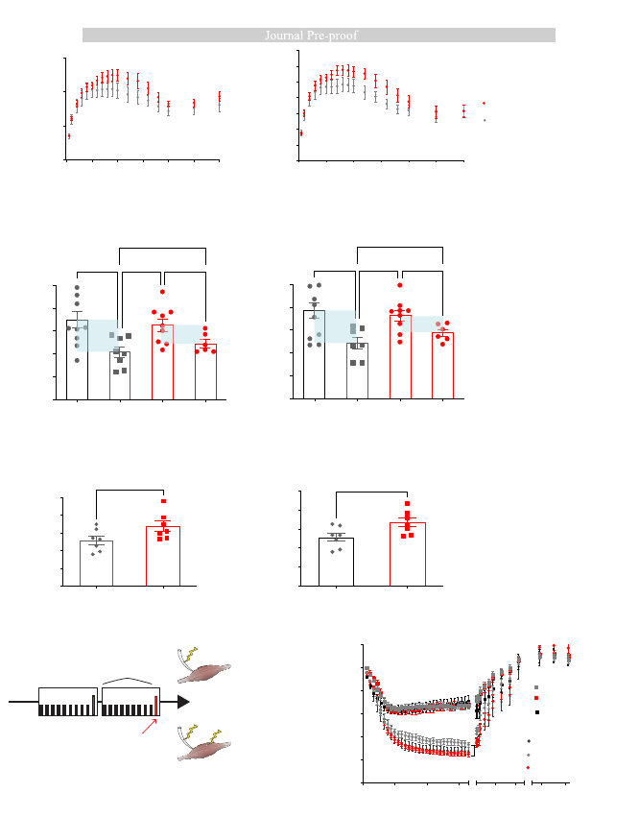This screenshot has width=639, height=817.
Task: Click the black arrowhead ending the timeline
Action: [183, 702]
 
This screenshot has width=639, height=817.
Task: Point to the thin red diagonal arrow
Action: [150, 727]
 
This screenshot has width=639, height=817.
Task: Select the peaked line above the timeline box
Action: [128, 680]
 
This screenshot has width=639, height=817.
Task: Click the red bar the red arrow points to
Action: [155, 706]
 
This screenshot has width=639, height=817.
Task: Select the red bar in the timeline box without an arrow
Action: [94, 706]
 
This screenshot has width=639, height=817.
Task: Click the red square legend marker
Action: [536, 698]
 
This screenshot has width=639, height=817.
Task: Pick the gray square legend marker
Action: [536, 687]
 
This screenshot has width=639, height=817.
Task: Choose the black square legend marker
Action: [537, 711]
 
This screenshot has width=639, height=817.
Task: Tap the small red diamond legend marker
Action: [528, 767]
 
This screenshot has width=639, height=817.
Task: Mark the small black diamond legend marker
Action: [529, 741]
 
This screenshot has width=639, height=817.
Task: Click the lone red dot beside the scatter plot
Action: [484, 103]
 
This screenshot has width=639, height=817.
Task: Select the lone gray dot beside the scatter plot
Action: [485, 120]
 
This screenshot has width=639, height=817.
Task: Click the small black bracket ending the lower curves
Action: [473, 751]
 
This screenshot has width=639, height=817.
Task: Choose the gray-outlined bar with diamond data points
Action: [96, 564]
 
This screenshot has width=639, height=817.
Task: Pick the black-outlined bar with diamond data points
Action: [336, 562]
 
